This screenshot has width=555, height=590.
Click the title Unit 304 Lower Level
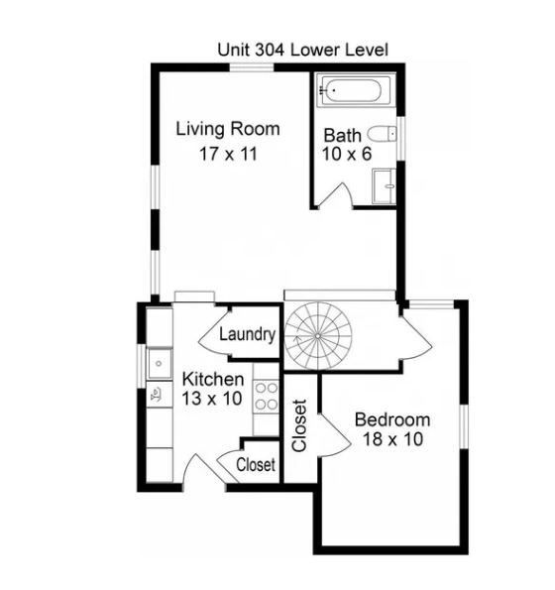(x=302, y=49)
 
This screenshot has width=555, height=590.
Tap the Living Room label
(x=228, y=129)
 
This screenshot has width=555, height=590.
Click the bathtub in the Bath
(x=354, y=93)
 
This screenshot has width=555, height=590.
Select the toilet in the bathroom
(x=383, y=134)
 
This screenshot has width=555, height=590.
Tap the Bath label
(x=343, y=134)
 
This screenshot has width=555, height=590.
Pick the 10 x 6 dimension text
(x=343, y=154)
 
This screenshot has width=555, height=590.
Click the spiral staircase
(x=318, y=336)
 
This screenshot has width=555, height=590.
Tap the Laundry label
(x=246, y=334)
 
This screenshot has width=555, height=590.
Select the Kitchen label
(x=213, y=380)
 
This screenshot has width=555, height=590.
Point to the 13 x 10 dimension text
(x=213, y=400)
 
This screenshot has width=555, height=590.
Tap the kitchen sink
(x=158, y=364)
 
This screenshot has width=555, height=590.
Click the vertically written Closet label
(x=299, y=425)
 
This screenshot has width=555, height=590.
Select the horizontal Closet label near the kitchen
(x=256, y=464)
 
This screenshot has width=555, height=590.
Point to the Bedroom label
(x=392, y=418)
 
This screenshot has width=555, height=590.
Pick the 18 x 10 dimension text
(x=392, y=439)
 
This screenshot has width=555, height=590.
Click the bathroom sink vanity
(x=384, y=184)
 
